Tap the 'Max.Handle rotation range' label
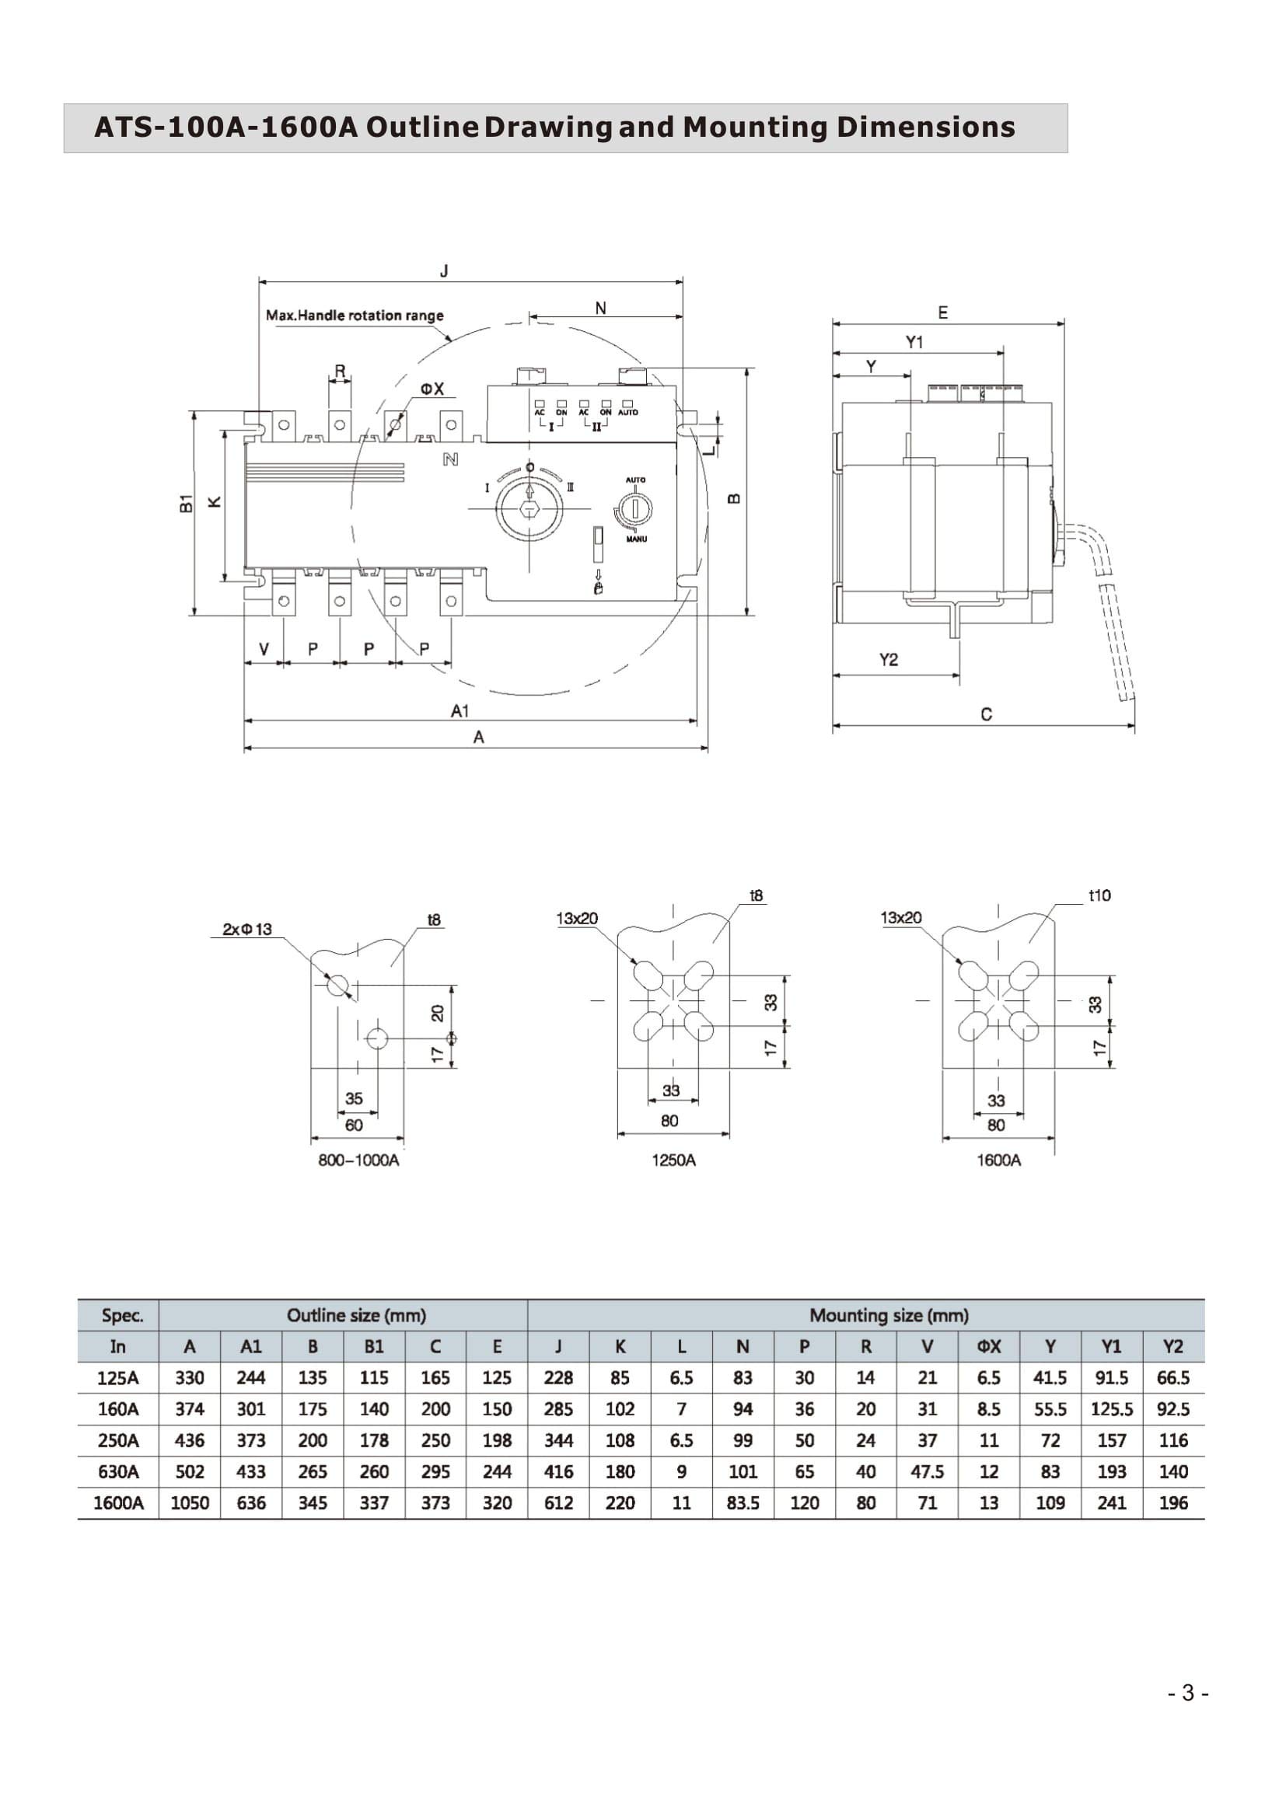tap(354, 315)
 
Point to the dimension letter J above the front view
tap(444, 271)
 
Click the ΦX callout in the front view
tap(432, 389)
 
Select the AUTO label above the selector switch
tap(636, 480)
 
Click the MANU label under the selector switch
tap(636, 539)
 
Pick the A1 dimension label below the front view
tap(460, 711)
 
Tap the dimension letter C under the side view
tap(986, 714)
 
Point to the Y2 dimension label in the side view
tap(889, 660)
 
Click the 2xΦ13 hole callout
tap(247, 929)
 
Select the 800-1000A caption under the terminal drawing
tap(358, 1160)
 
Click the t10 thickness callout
tap(1099, 895)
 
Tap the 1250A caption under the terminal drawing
tap(673, 1160)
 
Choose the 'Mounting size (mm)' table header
tap(889, 1315)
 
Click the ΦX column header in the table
tap(988, 1346)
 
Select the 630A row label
tap(118, 1472)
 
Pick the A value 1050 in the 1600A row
tap(189, 1503)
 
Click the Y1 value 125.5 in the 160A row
tap(1111, 1409)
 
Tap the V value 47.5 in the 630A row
tap(927, 1472)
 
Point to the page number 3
tap(1188, 1694)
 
